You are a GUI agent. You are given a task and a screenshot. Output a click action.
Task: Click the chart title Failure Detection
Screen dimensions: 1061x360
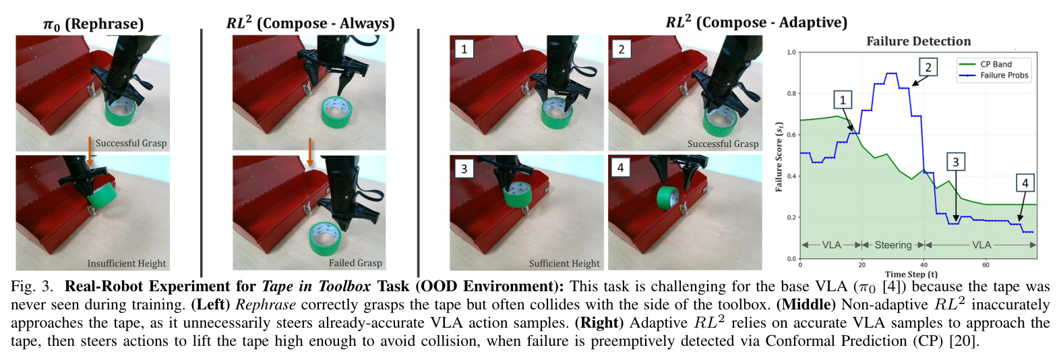click(918, 42)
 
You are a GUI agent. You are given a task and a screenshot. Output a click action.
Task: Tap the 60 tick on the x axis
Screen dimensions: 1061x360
click(986, 265)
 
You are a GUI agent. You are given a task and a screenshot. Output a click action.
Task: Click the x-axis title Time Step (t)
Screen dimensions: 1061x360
click(911, 274)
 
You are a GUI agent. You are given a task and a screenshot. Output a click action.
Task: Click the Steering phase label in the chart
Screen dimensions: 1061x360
click(893, 245)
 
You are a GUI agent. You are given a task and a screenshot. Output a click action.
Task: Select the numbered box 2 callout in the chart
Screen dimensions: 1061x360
click(928, 67)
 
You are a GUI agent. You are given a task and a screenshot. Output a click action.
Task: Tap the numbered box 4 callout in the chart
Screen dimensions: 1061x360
click(1025, 183)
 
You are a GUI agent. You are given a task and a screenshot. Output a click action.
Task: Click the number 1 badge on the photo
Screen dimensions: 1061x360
click(464, 49)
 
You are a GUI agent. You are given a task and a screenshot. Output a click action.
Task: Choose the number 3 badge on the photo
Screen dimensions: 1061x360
click(464, 168)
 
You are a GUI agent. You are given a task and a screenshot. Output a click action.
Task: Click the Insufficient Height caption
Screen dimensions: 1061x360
click(127, 264)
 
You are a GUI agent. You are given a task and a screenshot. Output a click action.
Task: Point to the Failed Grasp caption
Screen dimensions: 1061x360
click(355, 263)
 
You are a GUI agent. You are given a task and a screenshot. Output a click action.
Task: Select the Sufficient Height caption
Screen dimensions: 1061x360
click(564, 264)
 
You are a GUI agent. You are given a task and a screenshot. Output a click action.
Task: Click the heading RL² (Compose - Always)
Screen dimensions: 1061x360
click(310, 22)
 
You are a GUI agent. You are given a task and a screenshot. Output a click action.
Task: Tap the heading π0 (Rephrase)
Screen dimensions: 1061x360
click(93, 24)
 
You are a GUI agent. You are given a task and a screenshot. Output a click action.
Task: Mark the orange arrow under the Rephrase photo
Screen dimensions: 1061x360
click(90, 152)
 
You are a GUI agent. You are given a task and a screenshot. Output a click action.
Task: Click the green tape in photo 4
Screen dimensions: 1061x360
click(668, 198)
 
